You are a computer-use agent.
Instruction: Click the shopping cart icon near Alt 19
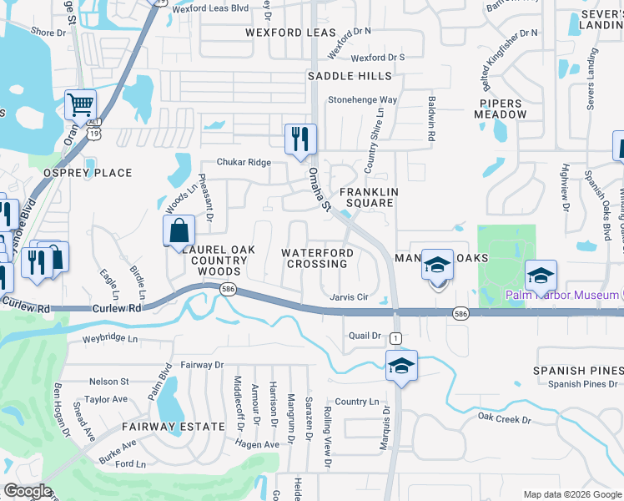(81, 105)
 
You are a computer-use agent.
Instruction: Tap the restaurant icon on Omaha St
(299, 138)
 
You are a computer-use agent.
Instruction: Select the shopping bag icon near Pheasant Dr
(179, 230)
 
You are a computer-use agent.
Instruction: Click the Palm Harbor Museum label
(561, 295)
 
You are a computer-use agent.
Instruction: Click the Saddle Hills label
(350, 76)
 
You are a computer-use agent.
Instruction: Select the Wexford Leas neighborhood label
(290, 33)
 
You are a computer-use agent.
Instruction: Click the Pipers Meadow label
(502, 109)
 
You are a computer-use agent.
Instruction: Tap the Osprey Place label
(88, 173)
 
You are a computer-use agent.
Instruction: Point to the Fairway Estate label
(173, 427)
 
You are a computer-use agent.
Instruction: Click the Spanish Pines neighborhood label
(578, 370)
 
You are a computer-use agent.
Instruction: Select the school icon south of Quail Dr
(401, 365)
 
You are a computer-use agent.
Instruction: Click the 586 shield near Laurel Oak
(227, 289)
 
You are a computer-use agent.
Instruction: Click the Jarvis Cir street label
(349, 297)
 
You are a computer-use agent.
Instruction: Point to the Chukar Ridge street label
(244, 162)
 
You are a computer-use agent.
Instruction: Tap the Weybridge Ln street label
(110, 338)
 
